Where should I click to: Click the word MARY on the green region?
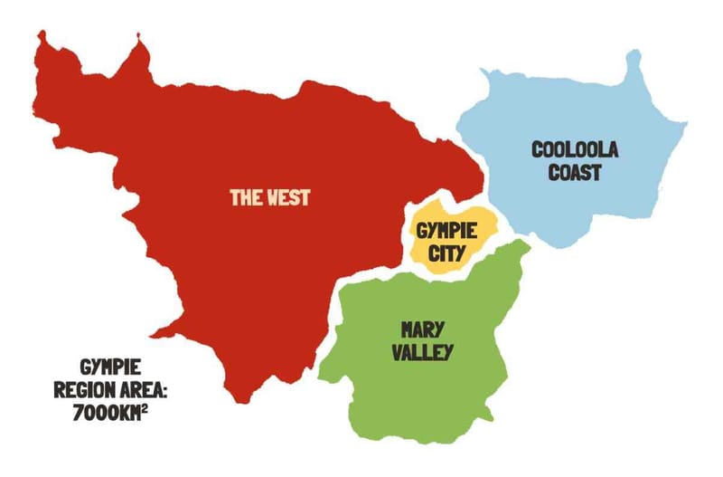click(421, 329)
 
